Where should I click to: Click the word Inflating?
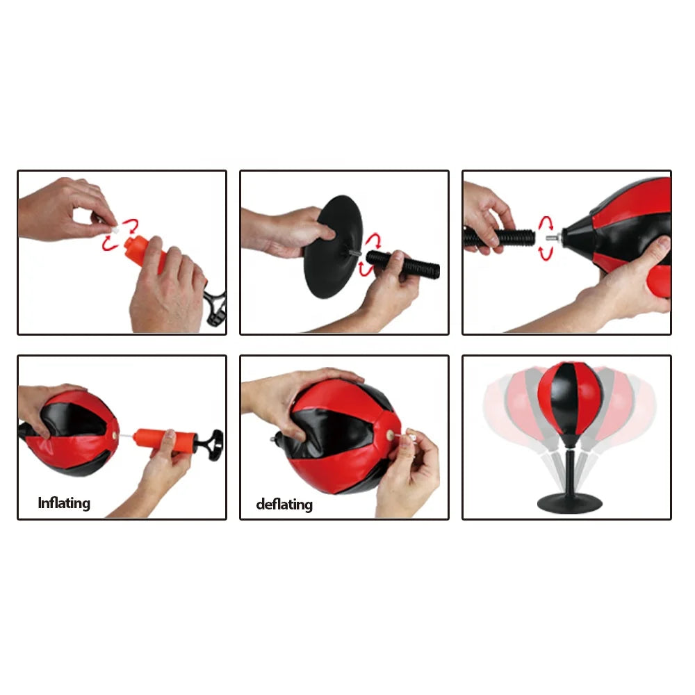coord(64,503)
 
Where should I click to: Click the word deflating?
coord(284,505)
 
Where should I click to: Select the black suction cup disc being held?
coord(332,247)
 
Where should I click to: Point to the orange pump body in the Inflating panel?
coord(165,441)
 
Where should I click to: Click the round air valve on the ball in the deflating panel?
coord(391,435)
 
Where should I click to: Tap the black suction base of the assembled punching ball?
coord(570,502)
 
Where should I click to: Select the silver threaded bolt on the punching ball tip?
coord(552,238)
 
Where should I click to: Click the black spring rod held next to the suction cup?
coord(403,263)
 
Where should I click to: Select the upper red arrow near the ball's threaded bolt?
coord(546,223)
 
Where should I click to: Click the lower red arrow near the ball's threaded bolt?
coord(546,253)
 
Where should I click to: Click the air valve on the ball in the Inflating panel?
coord(115,436)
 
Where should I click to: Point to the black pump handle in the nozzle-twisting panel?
coord(216,306)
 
